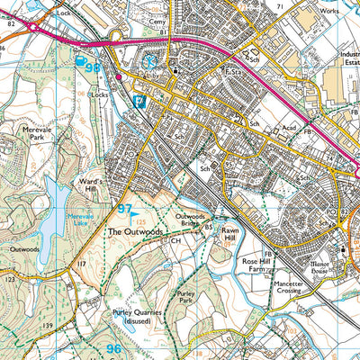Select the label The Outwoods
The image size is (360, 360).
click(134, 231)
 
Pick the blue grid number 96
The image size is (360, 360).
click(112, 347)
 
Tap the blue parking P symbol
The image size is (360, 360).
click(139, 102)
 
